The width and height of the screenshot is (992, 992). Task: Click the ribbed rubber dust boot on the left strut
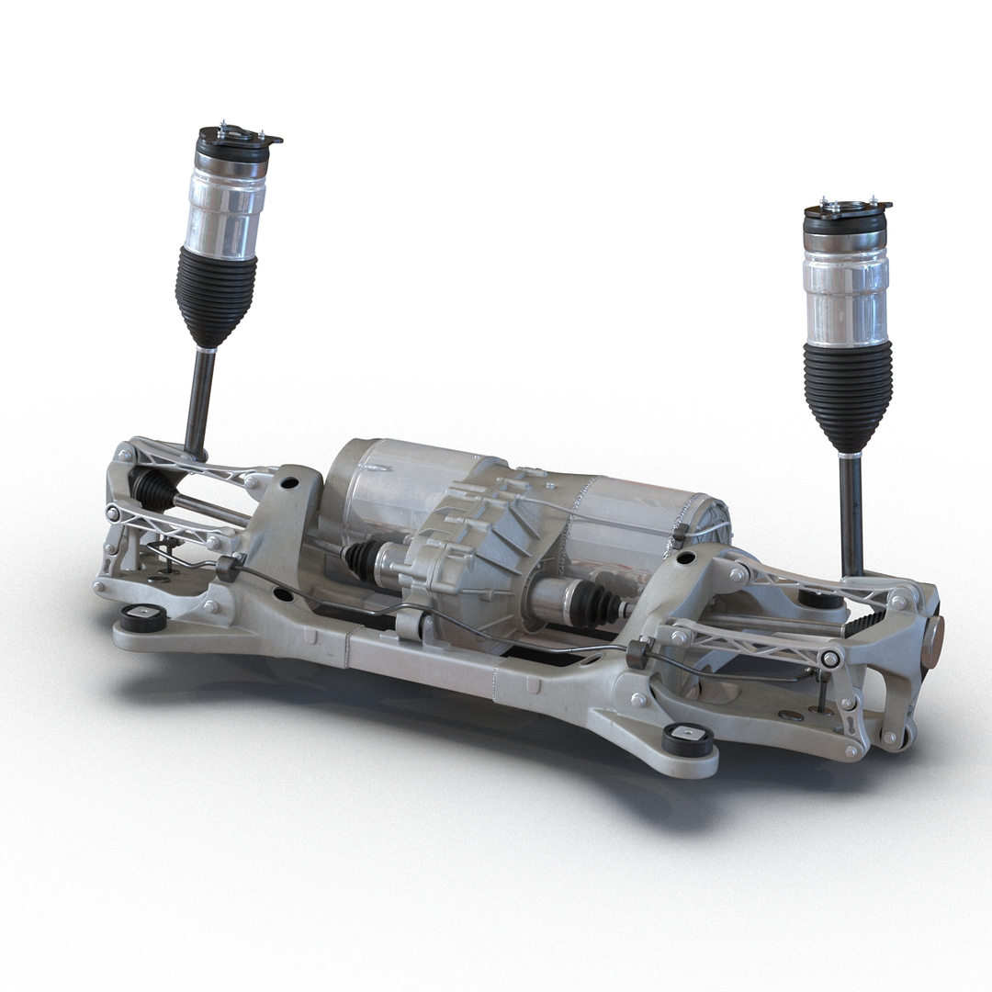(215, 294)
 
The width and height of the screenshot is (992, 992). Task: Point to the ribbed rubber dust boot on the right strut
(847, 395)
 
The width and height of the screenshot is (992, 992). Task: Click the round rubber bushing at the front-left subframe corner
(143, 618)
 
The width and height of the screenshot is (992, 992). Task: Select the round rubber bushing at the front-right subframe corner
(688, 738)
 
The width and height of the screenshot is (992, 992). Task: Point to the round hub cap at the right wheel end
(931, 641)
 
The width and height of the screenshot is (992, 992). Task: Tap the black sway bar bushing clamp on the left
(228, 567)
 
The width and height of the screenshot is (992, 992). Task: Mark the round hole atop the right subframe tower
(685, 558)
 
